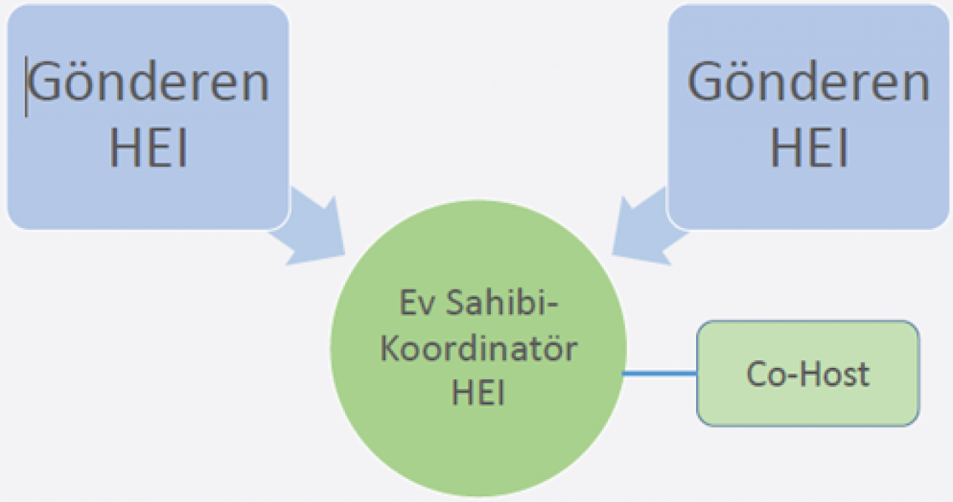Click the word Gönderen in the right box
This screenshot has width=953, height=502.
pos(809,82)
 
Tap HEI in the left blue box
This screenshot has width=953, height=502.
pos(149,149)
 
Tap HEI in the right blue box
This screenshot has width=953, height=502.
pos(809,149)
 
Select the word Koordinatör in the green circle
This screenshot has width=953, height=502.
pos(479,351)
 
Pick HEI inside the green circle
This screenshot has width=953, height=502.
pos(478,393)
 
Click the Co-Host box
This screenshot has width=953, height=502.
pos(807,374)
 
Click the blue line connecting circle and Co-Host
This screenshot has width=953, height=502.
pos(659,373)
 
